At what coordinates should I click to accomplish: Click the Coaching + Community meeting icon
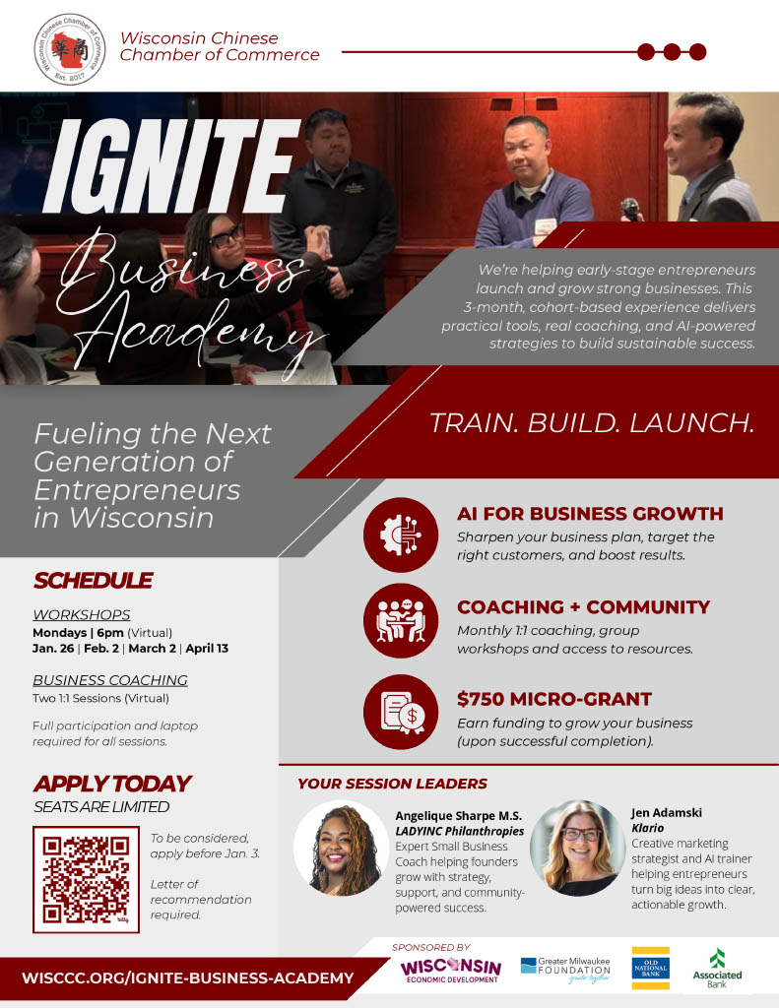pos(400,618)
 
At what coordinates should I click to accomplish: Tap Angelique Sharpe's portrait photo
pos(342,849)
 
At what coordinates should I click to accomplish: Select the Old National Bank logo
pos(650,969)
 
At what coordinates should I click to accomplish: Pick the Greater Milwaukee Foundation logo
pos(565,970)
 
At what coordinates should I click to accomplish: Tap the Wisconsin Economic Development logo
pos(450,970)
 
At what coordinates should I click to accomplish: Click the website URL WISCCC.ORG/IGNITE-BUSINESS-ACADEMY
pos(187,978)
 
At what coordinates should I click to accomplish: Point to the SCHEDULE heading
pos(93,580)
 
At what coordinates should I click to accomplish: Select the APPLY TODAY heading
pos(111,784)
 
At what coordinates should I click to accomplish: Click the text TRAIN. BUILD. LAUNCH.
pos(591,422)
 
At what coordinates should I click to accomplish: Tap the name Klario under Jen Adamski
pos(647,828)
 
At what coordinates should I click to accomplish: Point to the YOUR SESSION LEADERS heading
pos(392,784)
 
